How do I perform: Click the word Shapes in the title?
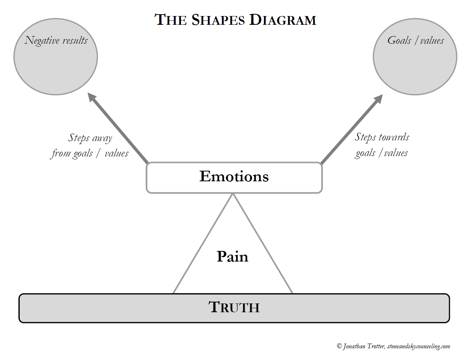[218, 20]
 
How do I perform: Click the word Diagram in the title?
[283, 20]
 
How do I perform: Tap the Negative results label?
[56, 40]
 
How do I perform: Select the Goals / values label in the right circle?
[416, 40]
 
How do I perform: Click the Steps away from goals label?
[90, 146]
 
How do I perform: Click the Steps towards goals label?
[382, 145]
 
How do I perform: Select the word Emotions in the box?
[234, 177]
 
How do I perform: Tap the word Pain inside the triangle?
[232, 256]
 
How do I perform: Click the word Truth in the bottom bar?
[234, 307]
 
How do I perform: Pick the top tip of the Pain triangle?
[233, 194]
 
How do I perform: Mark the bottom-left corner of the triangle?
[173, 293]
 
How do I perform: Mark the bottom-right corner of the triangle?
[292, 293]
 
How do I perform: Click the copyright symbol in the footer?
[339, 346]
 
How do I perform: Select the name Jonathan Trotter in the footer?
[364, 346]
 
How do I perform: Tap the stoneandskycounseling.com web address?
[418, 346]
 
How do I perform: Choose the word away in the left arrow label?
[102, 138]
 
